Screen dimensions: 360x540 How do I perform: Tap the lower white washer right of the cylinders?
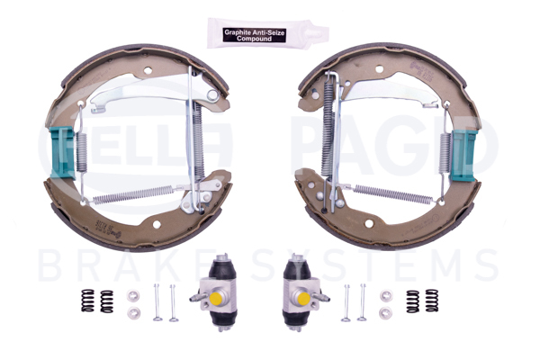(386, 311)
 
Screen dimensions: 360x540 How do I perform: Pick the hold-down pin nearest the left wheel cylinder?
(172, 301)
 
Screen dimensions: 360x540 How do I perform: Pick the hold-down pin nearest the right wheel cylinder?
(347, 301)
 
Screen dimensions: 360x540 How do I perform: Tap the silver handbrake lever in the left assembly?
(153, 91)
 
